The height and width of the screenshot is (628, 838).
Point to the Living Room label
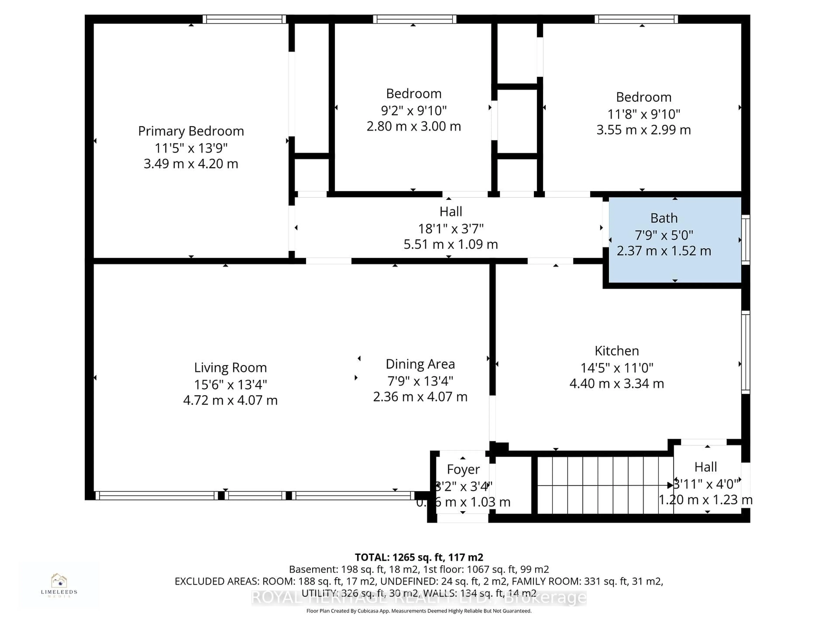tap(230, 368)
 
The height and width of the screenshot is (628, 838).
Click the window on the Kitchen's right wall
tap(745, 352)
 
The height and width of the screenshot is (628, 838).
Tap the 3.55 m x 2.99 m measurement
tap(643, 130)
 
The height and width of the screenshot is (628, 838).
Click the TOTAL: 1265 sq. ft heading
tap(419, 557)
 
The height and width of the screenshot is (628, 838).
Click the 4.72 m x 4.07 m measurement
tap(230, 400)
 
